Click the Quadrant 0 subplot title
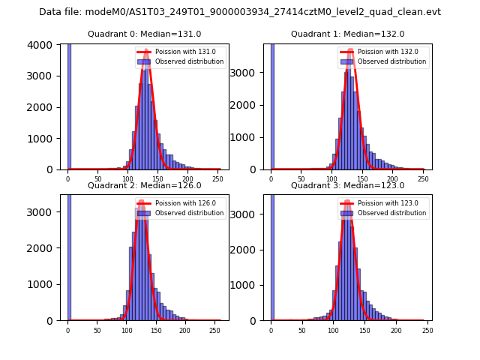coord(144,34)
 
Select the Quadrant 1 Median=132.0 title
coord(347,34)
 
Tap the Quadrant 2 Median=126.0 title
coord(144,185)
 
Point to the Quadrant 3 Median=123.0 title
coord(347,185)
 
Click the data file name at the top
coord(240,12)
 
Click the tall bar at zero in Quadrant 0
coord(69,105)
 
